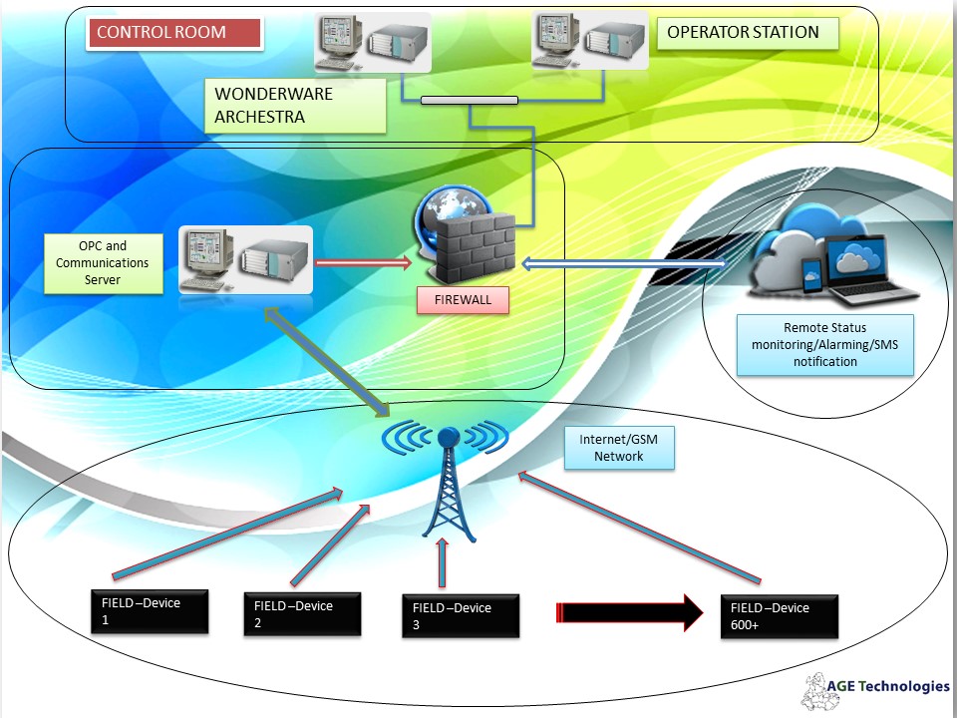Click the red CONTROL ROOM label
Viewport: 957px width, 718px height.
click(175, 33)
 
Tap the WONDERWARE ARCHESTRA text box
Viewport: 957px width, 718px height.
click(298, 107)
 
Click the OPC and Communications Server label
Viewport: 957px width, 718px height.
click(104, 263)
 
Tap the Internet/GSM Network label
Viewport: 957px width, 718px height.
click(619, 448)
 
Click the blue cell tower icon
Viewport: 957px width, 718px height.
click(447, 479)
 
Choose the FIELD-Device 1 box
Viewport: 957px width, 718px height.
click(149, 610)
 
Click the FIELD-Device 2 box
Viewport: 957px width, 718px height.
click(303, 612)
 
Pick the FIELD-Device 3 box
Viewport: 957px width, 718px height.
click(461, 615)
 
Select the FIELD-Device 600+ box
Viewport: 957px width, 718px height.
click(780, 615)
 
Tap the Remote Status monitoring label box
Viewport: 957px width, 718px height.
click(824, 345)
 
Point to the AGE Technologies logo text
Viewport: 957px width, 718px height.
click(887, 686)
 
